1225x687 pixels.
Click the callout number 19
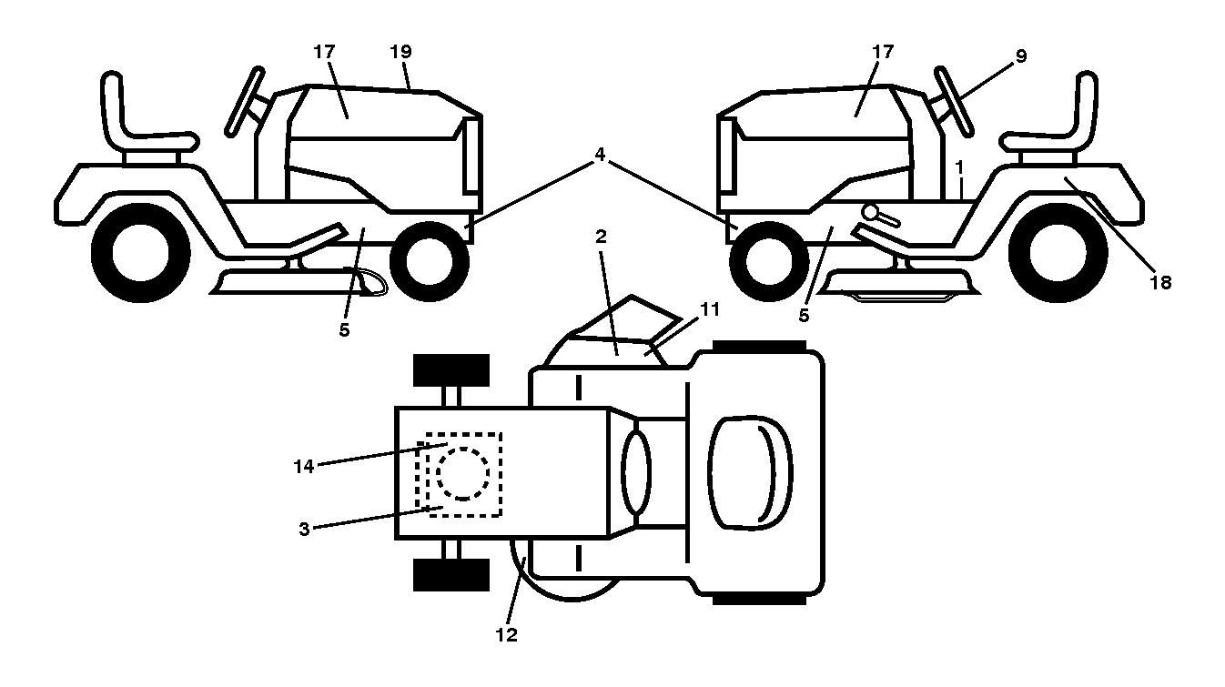tap(400, 52)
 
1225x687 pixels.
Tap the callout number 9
tap(1020, 56)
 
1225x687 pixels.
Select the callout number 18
tap(1160, 283)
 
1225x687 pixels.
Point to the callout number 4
tap(600, 155)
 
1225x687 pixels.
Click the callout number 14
tap(304, 467)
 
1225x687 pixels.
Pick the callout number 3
tap(304, 529)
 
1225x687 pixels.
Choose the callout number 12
tap(506, 635)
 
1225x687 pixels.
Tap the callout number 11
tap(710, 309)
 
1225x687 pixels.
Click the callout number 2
tap(601, 237)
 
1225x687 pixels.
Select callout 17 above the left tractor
tap(324, 52)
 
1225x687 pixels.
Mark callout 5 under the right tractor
tap(804, 316)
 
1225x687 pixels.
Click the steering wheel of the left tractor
tap(245, 101)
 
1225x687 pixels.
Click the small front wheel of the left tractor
tap(430, 261)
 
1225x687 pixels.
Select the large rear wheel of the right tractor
tap(1058, 253)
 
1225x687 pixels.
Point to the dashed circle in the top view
tap(462, 474)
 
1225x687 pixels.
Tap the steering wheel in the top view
tap(636, 472)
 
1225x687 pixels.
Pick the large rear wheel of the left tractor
tap(141, 253)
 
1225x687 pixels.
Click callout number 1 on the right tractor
tap(959, 167)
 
